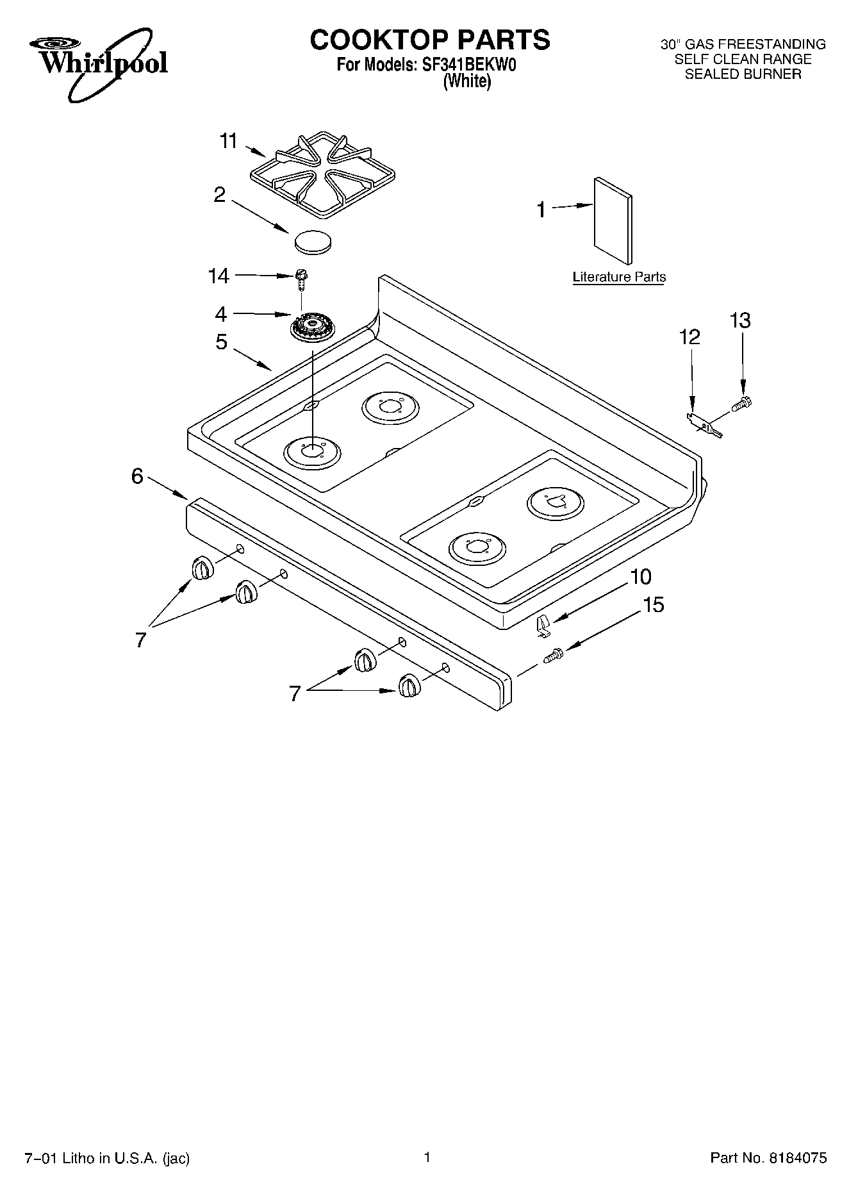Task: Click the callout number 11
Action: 229,141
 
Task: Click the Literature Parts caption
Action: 619,277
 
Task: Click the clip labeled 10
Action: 543,625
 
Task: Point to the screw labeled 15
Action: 553,656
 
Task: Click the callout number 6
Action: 137,476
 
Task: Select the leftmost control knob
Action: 202,568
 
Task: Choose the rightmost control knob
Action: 408,686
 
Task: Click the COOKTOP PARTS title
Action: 429,40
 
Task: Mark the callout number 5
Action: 221,342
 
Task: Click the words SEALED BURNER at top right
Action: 743,74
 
